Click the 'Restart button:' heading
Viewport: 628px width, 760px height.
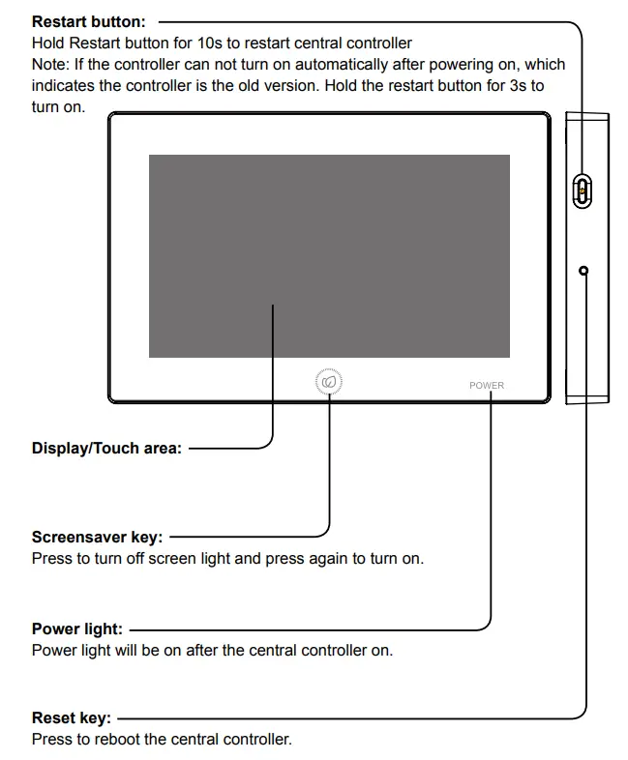89,21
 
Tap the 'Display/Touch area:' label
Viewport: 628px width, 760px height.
106,449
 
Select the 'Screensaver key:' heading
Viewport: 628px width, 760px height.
97,538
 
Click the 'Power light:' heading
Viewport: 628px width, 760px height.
77,629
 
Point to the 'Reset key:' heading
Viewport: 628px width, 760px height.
72,718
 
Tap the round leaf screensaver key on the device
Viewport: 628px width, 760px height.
329,383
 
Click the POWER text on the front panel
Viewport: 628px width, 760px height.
487,385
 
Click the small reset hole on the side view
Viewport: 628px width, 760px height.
583,271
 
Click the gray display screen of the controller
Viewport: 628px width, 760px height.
329,256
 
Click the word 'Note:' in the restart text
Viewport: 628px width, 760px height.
50,65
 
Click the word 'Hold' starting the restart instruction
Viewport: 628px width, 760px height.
48,44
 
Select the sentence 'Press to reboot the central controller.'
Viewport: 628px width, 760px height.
161,740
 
